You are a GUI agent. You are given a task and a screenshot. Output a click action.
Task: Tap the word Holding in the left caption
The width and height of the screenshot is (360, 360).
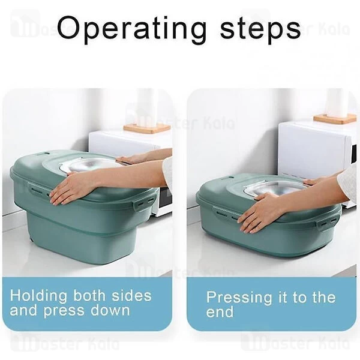pyautogui.click(x=38, y=296)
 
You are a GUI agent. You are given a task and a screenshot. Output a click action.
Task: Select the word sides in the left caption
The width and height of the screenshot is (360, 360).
pyautogui.click(x=132, y=295)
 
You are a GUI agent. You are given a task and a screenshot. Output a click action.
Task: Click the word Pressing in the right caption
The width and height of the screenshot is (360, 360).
pyautogui.click(x=239, y=298)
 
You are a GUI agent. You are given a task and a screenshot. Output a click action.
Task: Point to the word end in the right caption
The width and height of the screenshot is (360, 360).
pyautogui.click(x=220, y=312)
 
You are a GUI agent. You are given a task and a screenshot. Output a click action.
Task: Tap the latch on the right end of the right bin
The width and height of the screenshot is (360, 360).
pyautogui.click(x=326, y=223)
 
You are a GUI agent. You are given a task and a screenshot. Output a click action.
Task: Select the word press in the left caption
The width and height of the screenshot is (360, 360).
pyautogui.click(x=64, y=311)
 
